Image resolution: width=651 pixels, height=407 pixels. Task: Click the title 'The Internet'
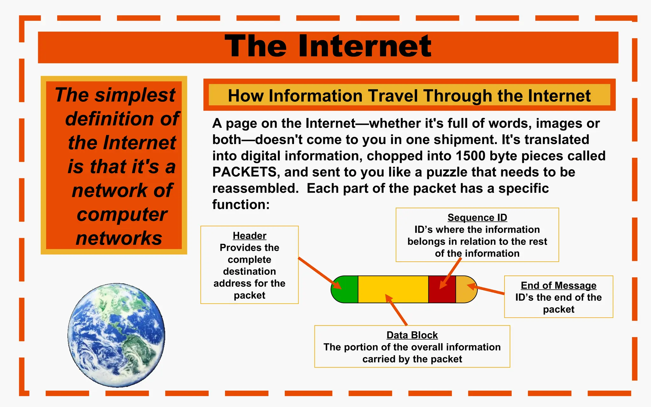click(328, 46)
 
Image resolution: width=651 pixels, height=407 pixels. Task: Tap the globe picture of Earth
click(116, 335)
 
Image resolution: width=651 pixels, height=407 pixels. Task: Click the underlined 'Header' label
click(250, 236)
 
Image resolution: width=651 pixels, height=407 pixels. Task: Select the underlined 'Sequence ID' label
click(477, 217)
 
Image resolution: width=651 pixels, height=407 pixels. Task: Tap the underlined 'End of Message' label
click(558, 286)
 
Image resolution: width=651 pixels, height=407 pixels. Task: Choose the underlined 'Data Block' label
click(412, 335)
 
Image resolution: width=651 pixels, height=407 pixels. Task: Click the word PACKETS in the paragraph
click(244, 172)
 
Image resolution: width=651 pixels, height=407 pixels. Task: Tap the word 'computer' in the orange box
click(122, 214)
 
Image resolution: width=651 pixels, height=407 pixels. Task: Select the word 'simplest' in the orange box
click(135, 95)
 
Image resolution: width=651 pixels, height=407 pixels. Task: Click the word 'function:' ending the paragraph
click(241, 204)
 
